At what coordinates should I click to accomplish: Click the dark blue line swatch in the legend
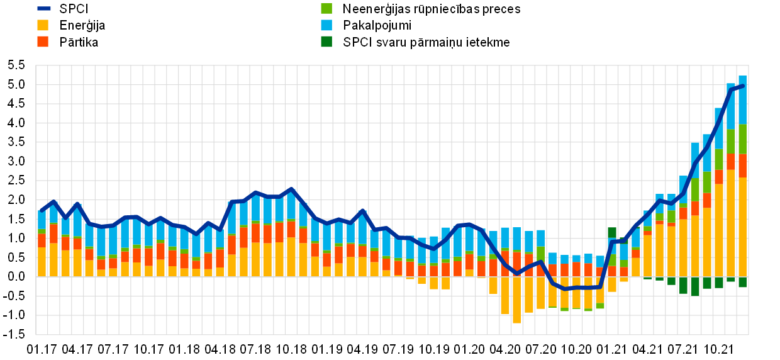[x=43, y=8]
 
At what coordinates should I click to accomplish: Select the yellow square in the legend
[x=43, y=25]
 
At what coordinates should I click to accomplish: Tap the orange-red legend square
[x=43, y=42]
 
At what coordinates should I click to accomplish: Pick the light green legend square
[x=326, y=8]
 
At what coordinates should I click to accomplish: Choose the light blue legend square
[x=326, y=25]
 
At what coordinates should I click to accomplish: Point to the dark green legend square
[x=326, y=42]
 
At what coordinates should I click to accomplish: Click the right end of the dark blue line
[x=743, y=86]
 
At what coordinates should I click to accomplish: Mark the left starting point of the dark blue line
[x=42, y=210]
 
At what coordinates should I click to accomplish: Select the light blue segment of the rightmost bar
[x=743, y=99]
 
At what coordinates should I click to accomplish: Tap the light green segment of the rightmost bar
[x=743, y=139]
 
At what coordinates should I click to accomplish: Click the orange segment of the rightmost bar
[x=743, y=166]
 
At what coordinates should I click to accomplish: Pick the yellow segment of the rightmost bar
[x=743, y=227]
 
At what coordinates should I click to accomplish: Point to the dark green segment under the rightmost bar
[x=743, y=283]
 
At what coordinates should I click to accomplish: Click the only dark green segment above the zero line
[x=612, y=232]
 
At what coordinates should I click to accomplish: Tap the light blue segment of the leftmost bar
[x=42, y=220]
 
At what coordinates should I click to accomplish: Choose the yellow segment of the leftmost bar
[x=42, y=262]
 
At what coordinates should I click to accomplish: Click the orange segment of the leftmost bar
[x=42, y=240]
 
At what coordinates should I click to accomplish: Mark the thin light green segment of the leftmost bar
[x=42, y=232]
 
